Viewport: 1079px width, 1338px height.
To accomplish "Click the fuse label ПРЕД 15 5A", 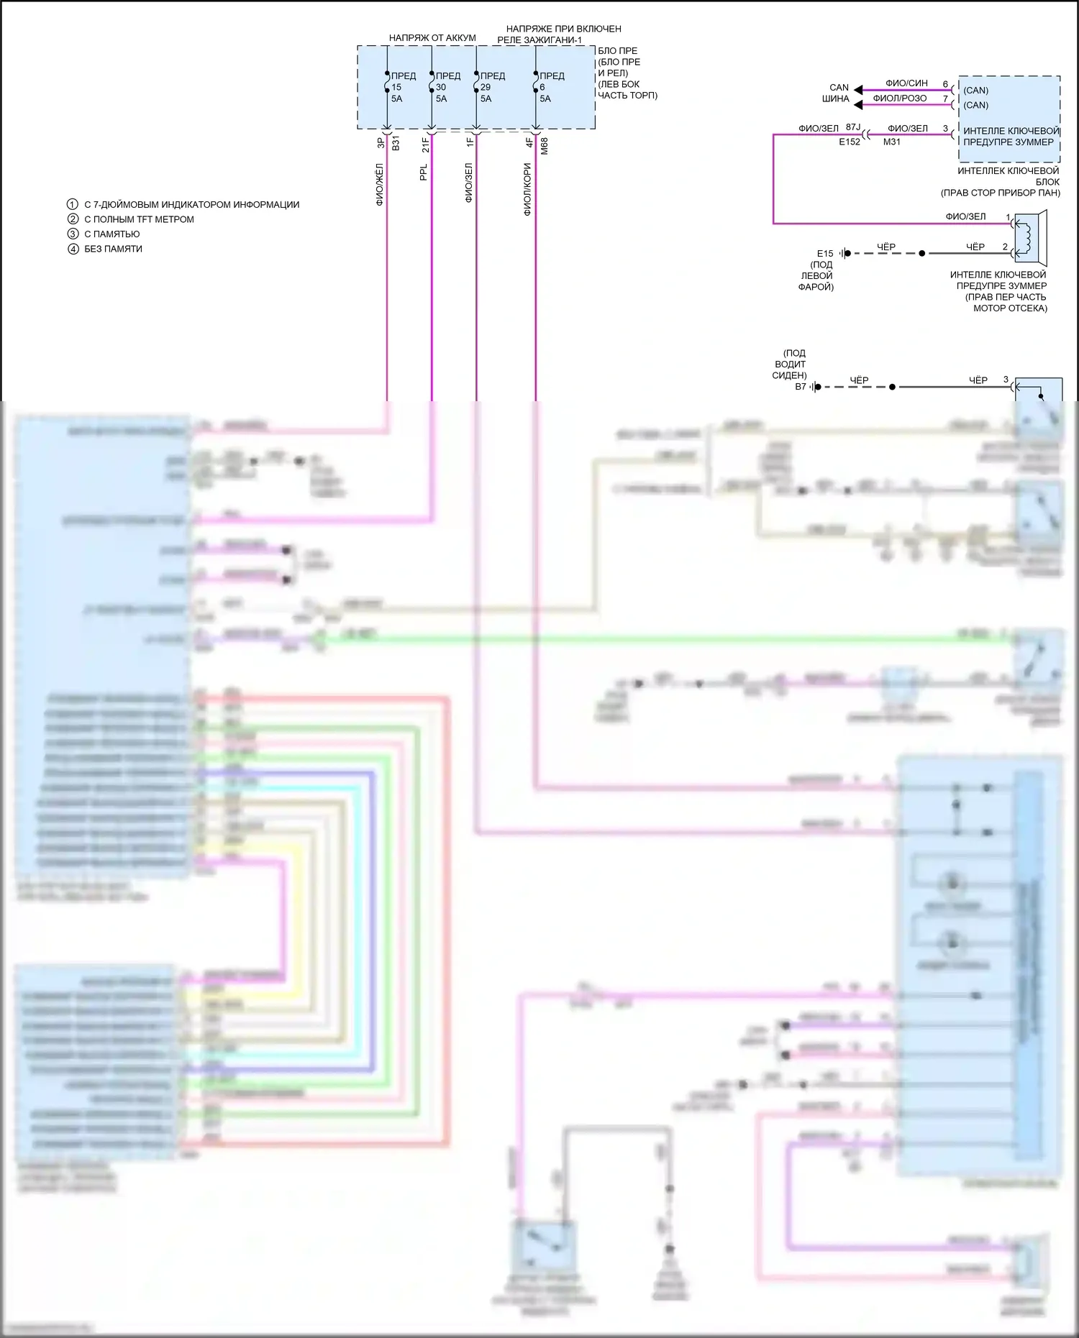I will coord(401,87).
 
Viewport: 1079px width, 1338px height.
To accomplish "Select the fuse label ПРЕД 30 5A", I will coord(446,87).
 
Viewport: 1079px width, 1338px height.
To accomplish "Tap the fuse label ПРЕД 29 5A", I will coord(491,87).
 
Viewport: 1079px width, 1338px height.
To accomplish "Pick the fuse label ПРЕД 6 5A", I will coord(550,87).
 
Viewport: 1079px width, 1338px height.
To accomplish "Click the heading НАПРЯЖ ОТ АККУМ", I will coord(432,37).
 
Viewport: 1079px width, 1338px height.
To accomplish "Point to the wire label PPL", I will coord(424,173).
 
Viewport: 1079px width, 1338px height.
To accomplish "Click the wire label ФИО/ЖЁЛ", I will coord(380,185).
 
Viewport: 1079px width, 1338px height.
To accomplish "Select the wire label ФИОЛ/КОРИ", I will coord(527,189).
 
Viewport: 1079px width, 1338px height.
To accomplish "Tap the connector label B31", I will coord(396,144).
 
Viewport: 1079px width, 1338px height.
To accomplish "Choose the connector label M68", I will coord(545,146).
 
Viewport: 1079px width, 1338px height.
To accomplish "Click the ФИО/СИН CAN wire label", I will coord(906,83).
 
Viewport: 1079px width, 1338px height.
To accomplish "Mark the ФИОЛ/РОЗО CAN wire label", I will coord(900,98).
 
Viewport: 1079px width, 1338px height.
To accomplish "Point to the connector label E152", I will coord(850,142).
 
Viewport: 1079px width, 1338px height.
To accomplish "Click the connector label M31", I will coord(892,142).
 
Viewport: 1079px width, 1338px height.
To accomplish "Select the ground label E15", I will coord(825,254).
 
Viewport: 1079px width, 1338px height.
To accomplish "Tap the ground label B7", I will coord(801,387).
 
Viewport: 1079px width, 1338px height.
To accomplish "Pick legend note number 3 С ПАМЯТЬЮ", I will coord(111,234).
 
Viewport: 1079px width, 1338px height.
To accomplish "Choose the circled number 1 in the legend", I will coord(72,204).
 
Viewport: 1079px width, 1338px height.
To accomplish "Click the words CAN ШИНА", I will coord(837,93).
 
